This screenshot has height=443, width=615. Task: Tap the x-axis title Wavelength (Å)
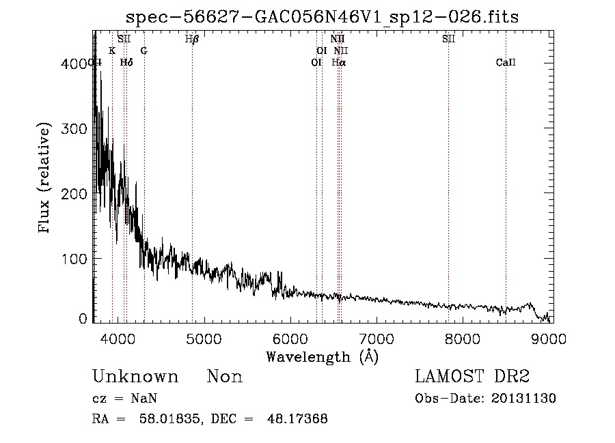(322, 356)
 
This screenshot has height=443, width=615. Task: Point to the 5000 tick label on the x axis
(204, 338)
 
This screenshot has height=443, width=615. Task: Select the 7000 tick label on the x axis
(377, 338)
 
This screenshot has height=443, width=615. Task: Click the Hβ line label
(192, 40)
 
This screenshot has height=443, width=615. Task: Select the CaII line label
(506, 63)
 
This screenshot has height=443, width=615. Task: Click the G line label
(144, 51)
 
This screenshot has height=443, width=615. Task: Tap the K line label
(112, 51)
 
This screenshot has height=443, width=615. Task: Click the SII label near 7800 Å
(448, 40)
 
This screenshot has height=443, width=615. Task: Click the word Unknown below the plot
(135, 377)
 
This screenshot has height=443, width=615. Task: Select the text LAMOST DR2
(472, 377)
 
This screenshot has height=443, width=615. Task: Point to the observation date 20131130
(523, 399)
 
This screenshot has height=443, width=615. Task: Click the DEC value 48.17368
(300, 419)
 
